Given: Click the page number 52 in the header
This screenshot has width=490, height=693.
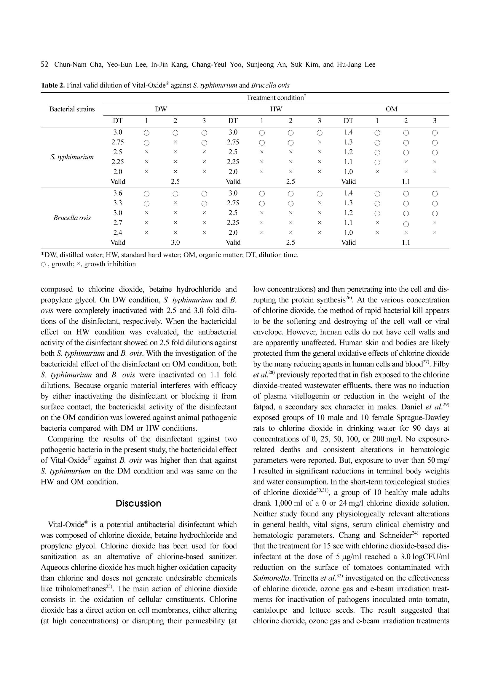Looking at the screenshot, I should pyautogui.click(x=44, y=65).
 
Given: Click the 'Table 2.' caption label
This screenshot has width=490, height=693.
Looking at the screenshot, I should pyautogui.click(x=53, y=85).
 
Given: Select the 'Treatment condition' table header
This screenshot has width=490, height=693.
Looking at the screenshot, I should pyautogui.click(x=276, y=98).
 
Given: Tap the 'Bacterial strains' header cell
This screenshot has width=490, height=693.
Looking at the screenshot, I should pyautogui.click(x=72, y=109).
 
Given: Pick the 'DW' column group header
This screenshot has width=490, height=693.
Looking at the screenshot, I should pyautogui.click(x=161, y=109).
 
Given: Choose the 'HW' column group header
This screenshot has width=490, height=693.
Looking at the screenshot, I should pyautogui.click(x=276, y=109).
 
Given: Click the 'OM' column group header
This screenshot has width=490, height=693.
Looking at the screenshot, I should pyautogui.click(x=391, y=109).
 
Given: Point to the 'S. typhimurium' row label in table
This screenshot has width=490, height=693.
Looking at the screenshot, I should pyautogui.click(x=72, y=157).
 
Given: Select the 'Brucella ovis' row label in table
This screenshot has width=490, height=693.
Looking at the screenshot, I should pyautogui.click(x=72, y=218).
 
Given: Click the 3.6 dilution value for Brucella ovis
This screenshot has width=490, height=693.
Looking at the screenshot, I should pyautogui.click(x=118, y=193).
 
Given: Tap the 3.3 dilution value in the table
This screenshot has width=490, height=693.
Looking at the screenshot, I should pyautogui.click(x=118, y=203).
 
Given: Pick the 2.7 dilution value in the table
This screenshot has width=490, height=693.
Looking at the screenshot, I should pyautogui.click(x=118, y=223).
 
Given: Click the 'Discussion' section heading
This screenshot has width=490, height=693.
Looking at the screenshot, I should pyautogui.click(x=138, y=504).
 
